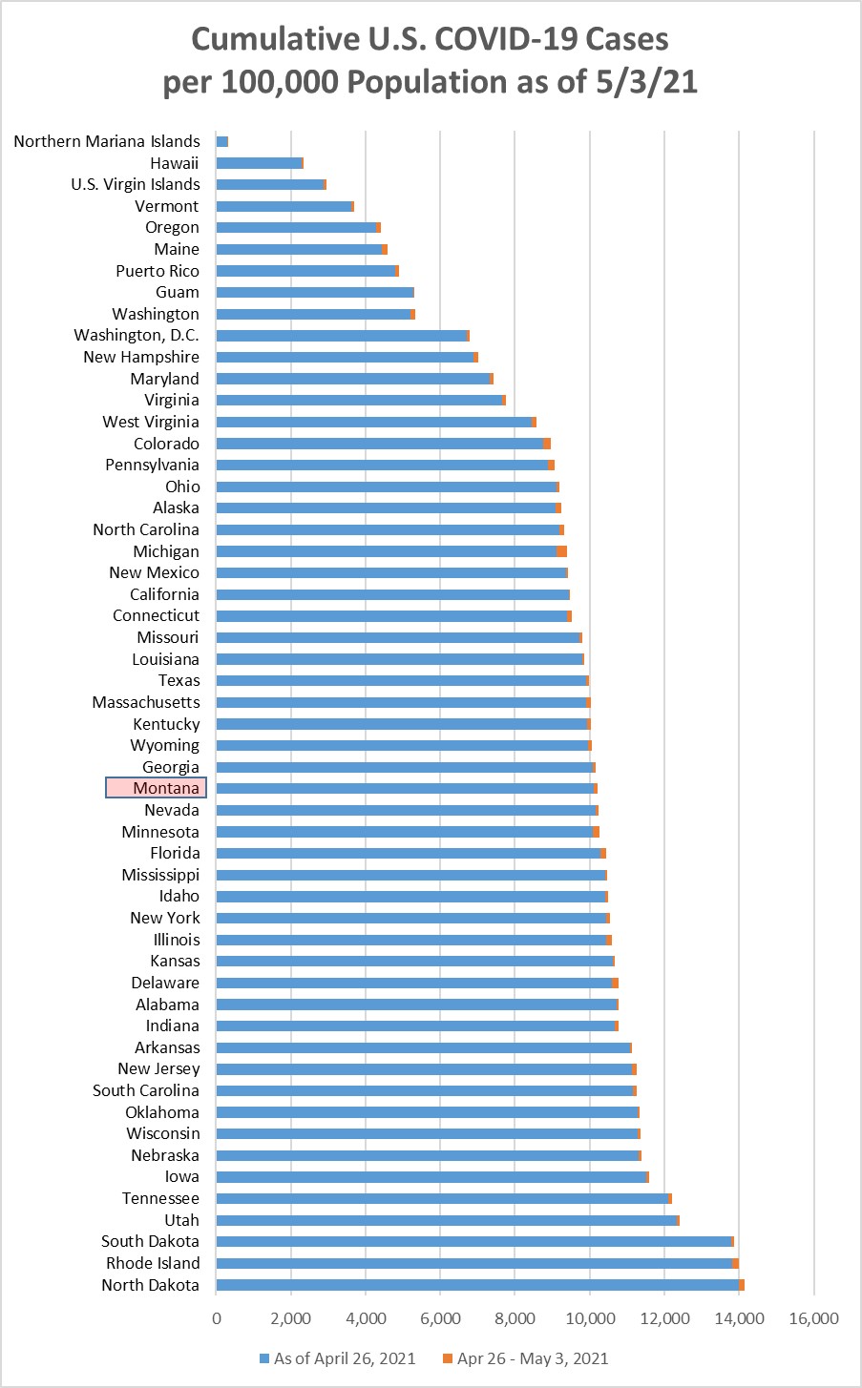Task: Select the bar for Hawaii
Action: (x=259, y=163)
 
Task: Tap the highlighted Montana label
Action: (x=157, y=788)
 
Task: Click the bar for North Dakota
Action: (x=477, y=1285)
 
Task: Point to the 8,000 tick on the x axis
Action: (x=515, y=1318)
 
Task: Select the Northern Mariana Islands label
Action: (x=107, y=141)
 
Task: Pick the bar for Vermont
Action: (x=284, y=206)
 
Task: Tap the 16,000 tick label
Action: (x=813, y=1318)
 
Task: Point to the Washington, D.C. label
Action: (x=137, y=335)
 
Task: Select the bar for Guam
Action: (x=315, y=293)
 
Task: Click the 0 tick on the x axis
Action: (x=217, y=1318)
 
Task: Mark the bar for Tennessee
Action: (x=443, y=1198)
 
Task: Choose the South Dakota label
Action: (x=150, y=1241)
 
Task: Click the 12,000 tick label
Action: (x=664, y=1318)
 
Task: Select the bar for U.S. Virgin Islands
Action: (x=271, y=184)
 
